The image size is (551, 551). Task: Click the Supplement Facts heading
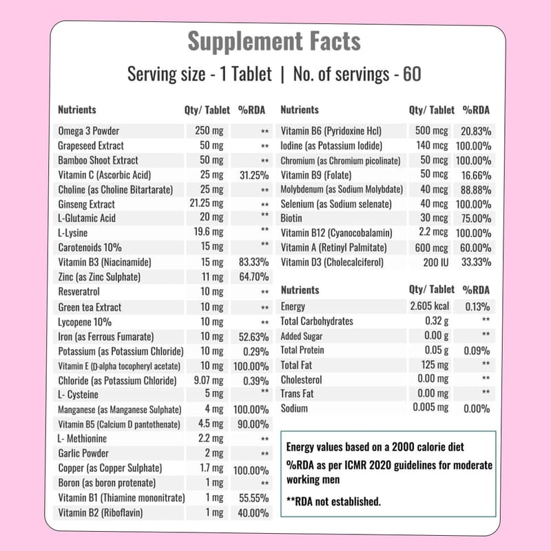coord(274,41)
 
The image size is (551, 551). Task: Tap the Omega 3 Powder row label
coord(89,131)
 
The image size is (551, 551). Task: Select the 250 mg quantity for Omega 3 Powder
coord(209,131)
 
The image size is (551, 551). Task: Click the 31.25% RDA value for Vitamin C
coord(253,175)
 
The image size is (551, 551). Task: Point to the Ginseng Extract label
coord(86,204)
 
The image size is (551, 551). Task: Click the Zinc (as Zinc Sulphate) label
coord(100,277)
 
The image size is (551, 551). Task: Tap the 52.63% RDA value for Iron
coord(253,337)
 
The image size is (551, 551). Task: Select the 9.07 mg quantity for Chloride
coord(207,380)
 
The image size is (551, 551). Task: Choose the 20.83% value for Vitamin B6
coord(475,131)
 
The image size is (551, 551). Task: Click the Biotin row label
coord(292,218)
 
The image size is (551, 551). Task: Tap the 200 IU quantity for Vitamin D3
coord(434,262)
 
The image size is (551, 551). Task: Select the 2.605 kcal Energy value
coord(429,306)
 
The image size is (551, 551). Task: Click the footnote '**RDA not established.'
coord(333,501)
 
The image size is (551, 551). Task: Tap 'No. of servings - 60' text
coord(357,74)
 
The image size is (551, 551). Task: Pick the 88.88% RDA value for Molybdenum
coord(475,189)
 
